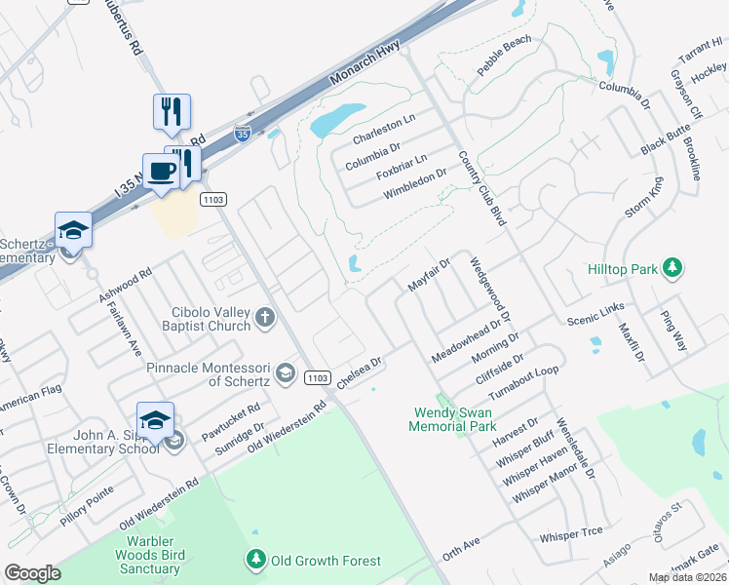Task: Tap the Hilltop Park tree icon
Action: pos(671,267)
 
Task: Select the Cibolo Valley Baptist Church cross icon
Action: pos(264,317)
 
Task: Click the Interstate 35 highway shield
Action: pos(242,133)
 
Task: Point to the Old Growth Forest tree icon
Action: pos(255,561)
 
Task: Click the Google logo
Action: pos(32,572)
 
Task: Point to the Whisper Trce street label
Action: pos(571,534)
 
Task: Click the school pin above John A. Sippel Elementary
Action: pos(155,420)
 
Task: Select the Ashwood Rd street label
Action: pos(125,284)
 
